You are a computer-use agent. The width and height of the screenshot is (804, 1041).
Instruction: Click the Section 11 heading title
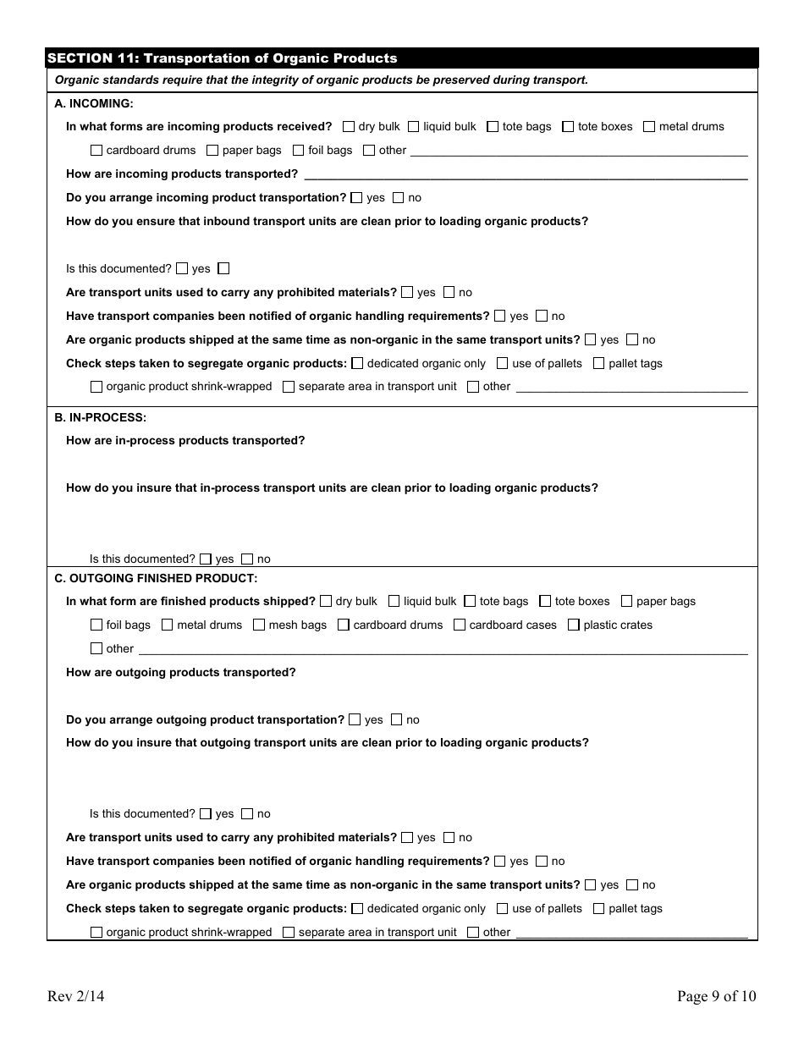[x=222, y=58]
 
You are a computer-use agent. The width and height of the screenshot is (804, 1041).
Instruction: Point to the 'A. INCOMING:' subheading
[x=94, y=103]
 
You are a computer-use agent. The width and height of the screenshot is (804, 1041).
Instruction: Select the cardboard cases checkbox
[x=460, y=625]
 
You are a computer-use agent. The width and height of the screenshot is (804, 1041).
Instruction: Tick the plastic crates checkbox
[x=573, y=625]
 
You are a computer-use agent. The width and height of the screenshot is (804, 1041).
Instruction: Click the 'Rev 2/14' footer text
[x=76, y=996]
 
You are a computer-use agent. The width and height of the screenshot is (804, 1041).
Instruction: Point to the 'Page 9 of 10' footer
[x=716, y=996]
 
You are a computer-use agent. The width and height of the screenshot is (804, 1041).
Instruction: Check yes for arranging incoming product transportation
[x=356, y=198]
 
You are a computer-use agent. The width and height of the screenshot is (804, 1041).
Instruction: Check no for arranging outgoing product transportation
[x=396, y=720]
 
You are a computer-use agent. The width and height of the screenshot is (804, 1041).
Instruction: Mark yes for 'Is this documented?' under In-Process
[x=206, y=559]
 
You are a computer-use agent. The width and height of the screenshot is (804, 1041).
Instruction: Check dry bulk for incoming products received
[x=349, y=127]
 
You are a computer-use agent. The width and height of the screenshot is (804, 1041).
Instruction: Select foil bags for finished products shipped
[x=96, y=625]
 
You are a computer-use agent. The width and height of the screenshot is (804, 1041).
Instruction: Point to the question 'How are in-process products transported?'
[x=185, y=441]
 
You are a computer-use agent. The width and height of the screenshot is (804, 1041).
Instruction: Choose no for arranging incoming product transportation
[x=398, y=198]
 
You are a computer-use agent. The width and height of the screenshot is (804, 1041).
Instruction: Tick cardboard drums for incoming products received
[x=96, y=151]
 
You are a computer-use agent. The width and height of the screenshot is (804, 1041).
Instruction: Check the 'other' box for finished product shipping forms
[x=96, y=649]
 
